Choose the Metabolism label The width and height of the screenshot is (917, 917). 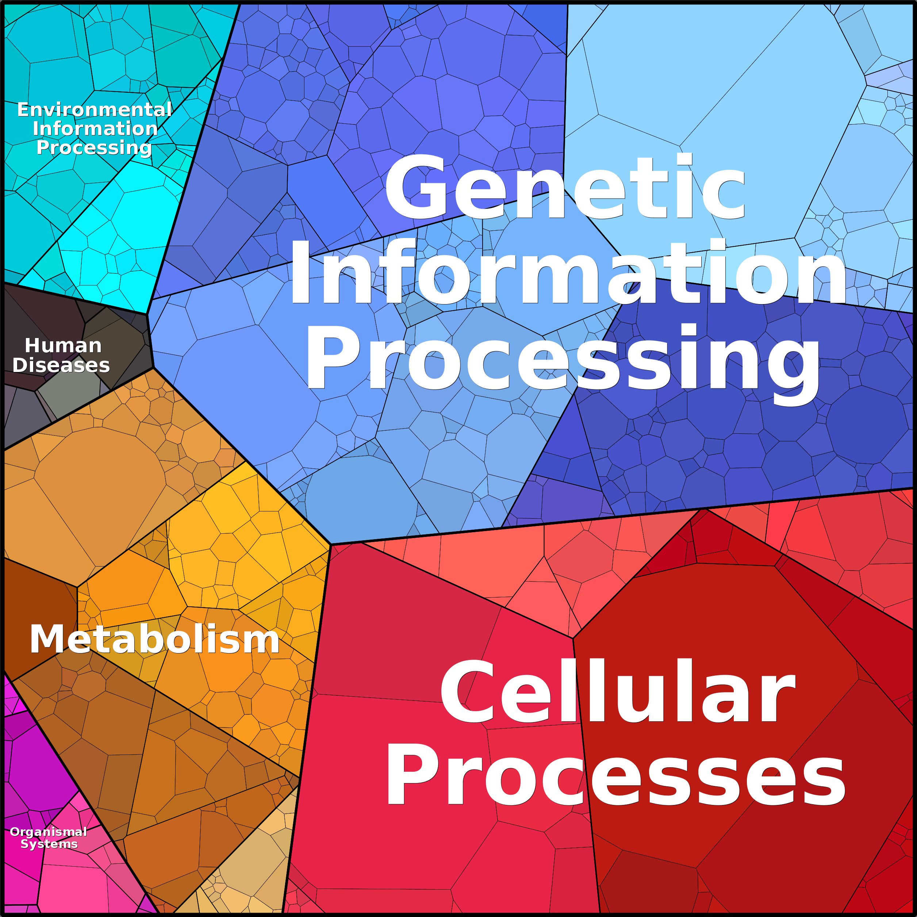tap(155, 639)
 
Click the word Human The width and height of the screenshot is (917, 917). tap(63, 346)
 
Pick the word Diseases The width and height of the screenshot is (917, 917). tap(61, 365)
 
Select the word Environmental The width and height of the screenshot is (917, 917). tap(95, 110)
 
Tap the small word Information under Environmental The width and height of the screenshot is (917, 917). tap(95, 128)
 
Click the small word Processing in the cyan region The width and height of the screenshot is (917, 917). tap(95, 147)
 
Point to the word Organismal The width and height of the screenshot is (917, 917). tap(49, 832)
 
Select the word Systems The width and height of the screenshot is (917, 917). tap(49, 844)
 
